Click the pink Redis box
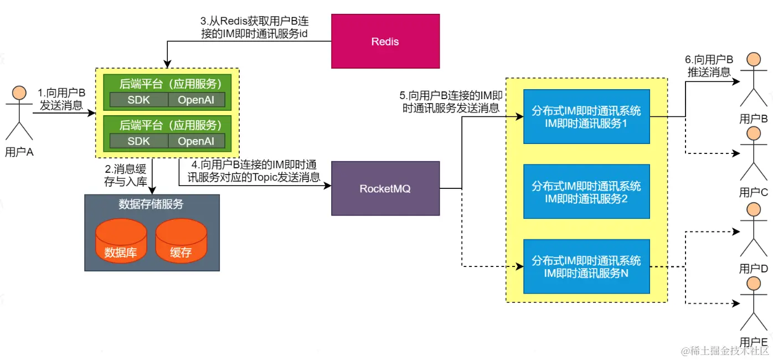385,42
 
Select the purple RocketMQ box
385,188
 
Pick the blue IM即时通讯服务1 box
586,117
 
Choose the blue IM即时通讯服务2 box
586,192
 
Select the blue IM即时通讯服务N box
586,266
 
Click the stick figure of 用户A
19,114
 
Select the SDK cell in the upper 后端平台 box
138,100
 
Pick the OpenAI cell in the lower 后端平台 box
196,141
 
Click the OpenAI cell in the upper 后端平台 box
196,100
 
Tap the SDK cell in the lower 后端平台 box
138,141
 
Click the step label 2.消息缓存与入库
126,175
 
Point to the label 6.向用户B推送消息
709,66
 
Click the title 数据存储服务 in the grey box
151,204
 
